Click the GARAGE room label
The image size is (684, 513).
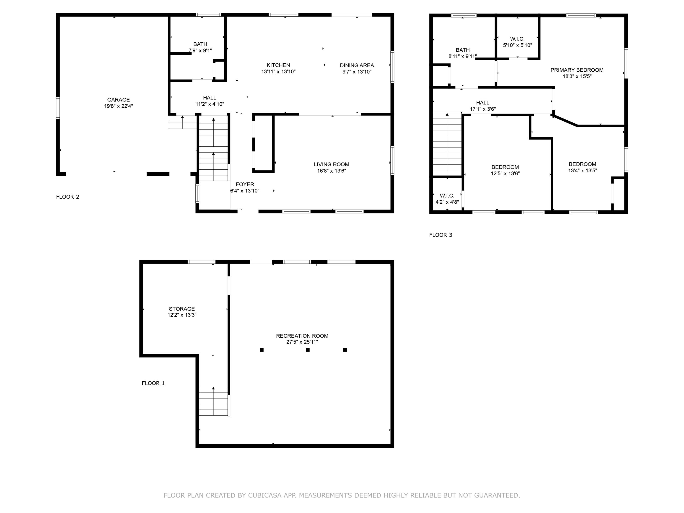pos(118,100)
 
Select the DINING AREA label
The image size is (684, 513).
pos(357,65)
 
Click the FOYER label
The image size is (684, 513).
pos(245,184)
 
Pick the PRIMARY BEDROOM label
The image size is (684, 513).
pos(577,70)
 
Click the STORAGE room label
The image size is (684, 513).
pos(182,309)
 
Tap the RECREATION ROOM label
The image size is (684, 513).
pos(302,336)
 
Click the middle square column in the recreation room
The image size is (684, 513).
pos(308,350)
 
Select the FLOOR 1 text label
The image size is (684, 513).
pos(153,383)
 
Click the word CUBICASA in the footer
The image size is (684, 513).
pos(264,495)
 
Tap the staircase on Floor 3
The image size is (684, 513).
pos(447,145)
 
